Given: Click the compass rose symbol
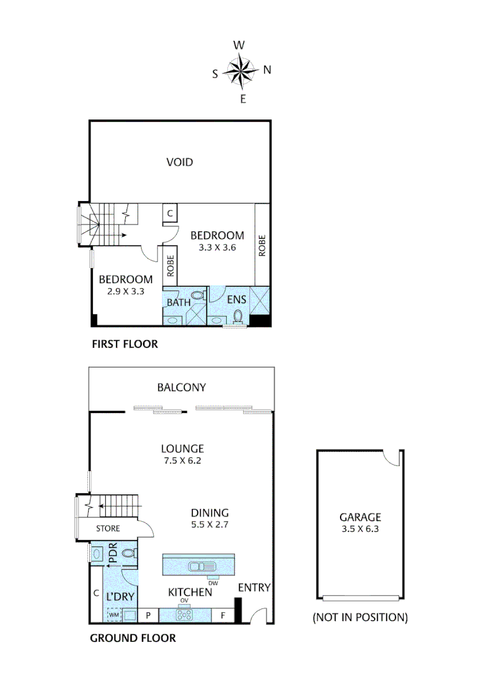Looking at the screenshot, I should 241,71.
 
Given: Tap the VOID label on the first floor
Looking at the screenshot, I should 179,163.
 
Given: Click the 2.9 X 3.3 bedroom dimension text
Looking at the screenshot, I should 125,292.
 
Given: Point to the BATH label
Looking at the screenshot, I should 179,302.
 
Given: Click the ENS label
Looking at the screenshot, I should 237,299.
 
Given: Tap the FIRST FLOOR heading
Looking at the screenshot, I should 125,345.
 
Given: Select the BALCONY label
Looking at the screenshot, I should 182,388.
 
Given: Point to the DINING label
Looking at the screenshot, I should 210,513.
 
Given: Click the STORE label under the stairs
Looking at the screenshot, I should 108,528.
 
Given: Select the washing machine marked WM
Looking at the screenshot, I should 114,614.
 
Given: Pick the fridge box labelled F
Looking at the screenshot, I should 223,615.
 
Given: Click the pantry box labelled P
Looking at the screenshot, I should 148,615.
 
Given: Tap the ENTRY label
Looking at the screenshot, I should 254,588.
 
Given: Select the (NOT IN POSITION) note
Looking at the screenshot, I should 360,617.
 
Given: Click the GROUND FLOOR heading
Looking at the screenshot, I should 133,638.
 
